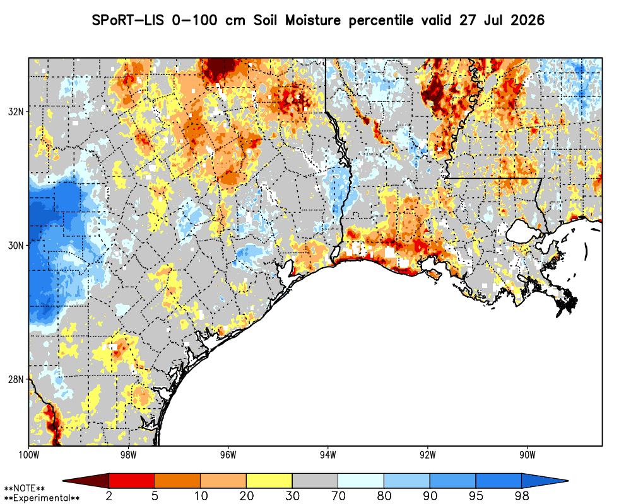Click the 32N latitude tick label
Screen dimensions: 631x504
point(15,112)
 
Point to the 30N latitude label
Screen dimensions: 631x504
point(15,245)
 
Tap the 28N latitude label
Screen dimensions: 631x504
point(15,379)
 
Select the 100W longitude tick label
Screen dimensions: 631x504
point(28,455)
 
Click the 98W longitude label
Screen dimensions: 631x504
point(128,455)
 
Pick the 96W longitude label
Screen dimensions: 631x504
point(228,455)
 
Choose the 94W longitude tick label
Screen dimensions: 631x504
point(328,455)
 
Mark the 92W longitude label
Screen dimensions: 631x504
point(428,455)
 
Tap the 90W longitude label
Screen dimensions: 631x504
point(528,455)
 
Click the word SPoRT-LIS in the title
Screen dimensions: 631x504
point(127,20)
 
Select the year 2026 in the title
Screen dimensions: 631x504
point(527,20)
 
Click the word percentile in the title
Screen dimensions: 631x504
point(380,21)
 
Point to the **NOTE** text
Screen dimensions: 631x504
point(24,488)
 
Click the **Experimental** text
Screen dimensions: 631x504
point(42,498)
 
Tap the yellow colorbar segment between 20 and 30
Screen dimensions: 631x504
point(269,481)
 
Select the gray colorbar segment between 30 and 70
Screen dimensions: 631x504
point(315,481)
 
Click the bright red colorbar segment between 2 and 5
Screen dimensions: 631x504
point(132,481)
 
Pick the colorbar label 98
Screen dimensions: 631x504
point(522,496)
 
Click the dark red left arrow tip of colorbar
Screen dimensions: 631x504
point(63,481)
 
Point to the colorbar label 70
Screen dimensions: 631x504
point(338,496)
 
